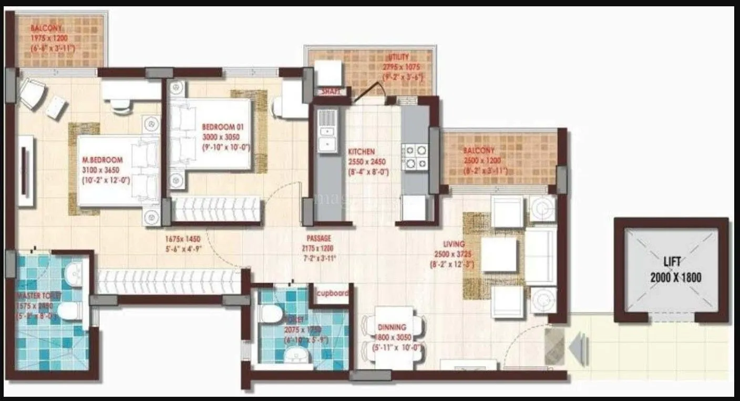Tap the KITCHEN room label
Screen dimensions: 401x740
[362, 152]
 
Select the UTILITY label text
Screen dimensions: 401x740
[399, 57]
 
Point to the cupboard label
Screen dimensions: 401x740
[332, 293]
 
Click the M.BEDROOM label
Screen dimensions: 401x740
[102, 160]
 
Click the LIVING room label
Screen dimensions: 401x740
[454, 244]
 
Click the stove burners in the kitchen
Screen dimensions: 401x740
[415, 157]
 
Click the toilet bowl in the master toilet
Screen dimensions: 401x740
[70, 311]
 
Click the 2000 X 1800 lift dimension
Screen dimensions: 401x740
[676, 277]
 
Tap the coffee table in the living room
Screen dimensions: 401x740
[499, 254]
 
